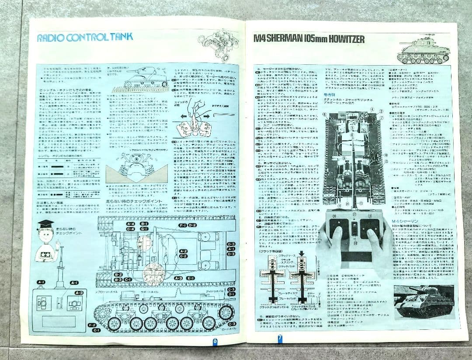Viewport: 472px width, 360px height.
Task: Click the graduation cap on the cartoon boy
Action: click(45, 224)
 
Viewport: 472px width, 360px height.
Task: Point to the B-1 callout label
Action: click(144, 224)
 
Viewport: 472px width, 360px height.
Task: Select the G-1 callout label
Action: click(144, 229)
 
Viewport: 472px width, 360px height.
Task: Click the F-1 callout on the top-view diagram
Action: click(183, 225)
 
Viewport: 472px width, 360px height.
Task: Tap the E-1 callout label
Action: click(191, 278)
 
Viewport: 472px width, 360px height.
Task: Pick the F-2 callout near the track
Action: click(92, 325)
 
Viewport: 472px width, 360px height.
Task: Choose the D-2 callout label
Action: click(192, 225)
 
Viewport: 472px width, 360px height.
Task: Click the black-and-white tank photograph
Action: click(424, 302)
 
